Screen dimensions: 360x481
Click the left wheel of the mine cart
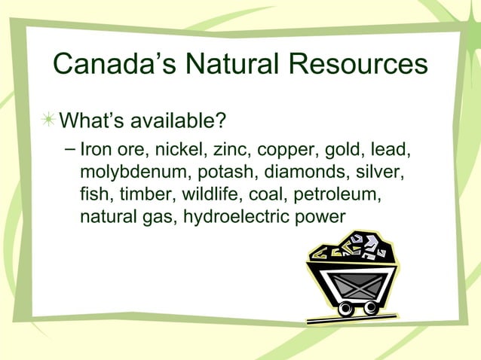point(346,308)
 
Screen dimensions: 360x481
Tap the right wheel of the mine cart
point(369,307)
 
